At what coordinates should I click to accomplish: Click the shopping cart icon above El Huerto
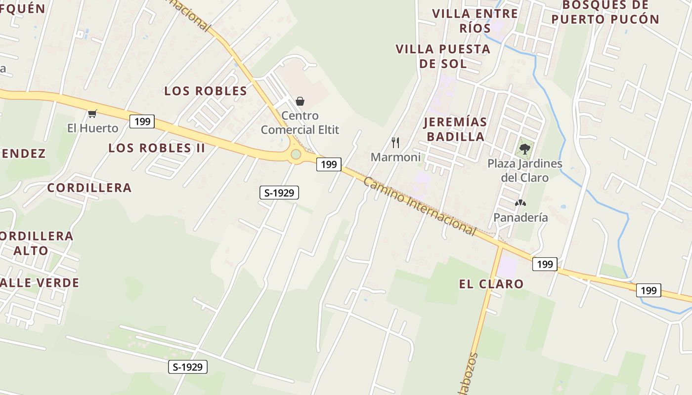(x=92, y=114)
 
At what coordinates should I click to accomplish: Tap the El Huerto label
(x=93, y=128)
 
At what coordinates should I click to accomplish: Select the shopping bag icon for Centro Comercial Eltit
(x=300, y=101)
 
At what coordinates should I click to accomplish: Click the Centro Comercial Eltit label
(x=300, y=123)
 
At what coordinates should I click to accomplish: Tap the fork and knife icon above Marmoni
(x=395, y=143)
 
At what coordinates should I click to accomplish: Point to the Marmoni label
(x=395, y=157)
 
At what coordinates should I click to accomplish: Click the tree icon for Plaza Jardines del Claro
(x=524, y=149)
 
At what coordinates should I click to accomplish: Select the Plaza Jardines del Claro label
(x=524, y=170)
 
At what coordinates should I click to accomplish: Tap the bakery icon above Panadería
(x=520, y=203)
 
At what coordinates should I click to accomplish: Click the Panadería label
(x=520, y=217)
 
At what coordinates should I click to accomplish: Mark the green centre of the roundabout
(x=296, y=155)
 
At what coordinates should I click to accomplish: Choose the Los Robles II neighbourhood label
(x=156, y=148)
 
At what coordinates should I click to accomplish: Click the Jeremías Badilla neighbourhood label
(x=455, y=129)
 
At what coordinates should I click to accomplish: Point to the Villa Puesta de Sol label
(x=443, y=56)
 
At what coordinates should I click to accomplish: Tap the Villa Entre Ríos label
(x=475, y=21)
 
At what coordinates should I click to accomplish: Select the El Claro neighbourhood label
(x=491, y=284)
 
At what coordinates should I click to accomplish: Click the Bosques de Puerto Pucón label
(x=605, y=12)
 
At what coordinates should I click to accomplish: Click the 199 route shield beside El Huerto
(x=142, y=121)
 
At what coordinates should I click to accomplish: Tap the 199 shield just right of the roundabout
(x=329, y=164)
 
